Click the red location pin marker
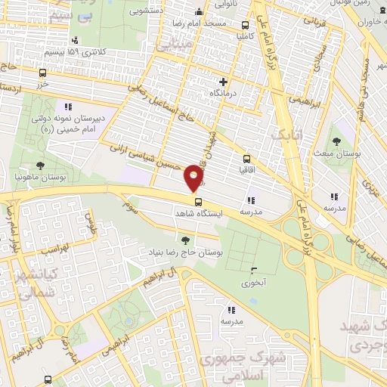[x=194, y=179]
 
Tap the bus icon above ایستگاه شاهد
[x=198, y=202]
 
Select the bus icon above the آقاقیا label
[x=246, y=159]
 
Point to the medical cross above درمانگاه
[x=222, y=82]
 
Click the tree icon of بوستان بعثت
[x=336, y=141]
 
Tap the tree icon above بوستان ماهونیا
[x=39, y=166]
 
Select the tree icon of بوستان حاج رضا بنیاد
[x=186, y=240]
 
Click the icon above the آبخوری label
[x=252, y=272]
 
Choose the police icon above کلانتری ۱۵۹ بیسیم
[x=74, y=41]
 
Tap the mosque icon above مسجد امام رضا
[x=198, y=11]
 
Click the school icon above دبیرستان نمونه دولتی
[x=67, y=107]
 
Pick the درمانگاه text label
[x=223, y=93]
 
